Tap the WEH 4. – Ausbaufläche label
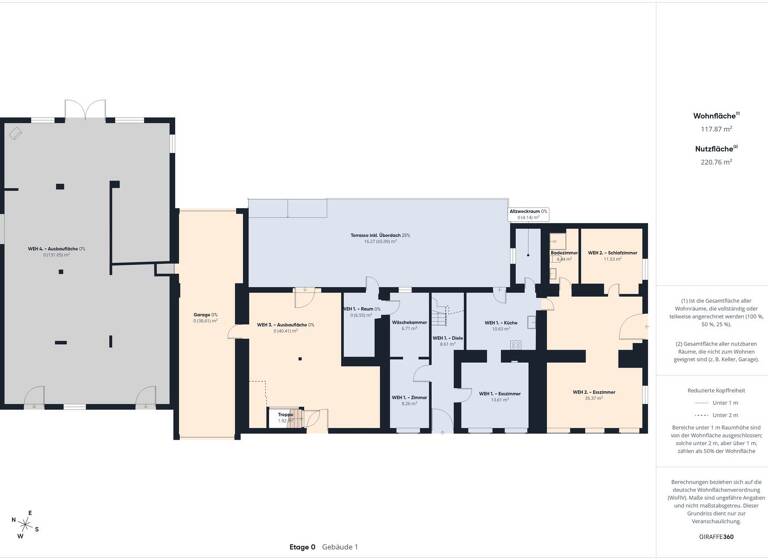[56, 249]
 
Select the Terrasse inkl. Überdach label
[380, 236]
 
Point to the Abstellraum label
[528, 212]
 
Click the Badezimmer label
[565, 254]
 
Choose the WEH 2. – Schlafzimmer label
[613, 253]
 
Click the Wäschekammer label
[409, 324]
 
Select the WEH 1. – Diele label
[447, 339]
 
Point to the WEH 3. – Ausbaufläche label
[286, 326]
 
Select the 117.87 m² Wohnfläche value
[715, 129]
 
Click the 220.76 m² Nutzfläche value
[715, 161]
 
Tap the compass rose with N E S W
[26, 521]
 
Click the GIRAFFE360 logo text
[715, 538]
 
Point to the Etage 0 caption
[302, 547]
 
